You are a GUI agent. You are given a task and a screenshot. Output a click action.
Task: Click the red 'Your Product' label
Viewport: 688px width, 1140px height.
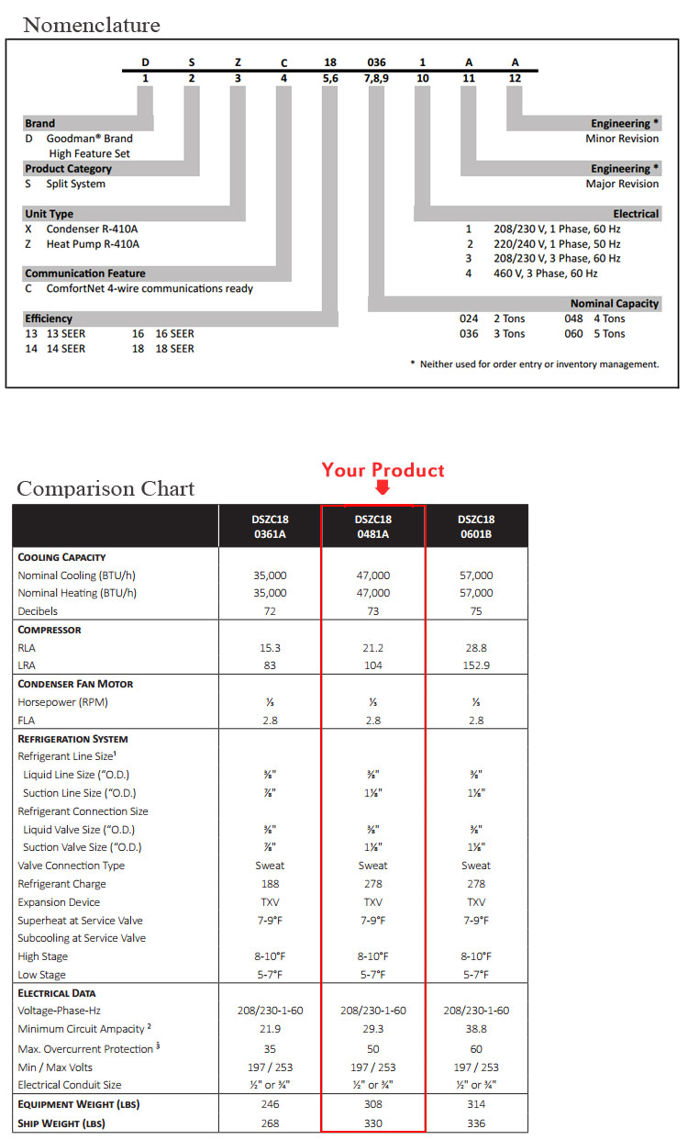point(383,470)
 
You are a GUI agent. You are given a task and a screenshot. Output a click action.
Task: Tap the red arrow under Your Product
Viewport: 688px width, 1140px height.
point(383,489)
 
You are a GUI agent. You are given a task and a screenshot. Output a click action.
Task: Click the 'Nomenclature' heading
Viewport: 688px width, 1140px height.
point(92,25)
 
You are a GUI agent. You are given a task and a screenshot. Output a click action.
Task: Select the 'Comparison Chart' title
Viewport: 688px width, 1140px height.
point(105,488)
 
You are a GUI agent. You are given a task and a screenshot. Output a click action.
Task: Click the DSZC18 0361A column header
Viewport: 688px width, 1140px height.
point(270,526)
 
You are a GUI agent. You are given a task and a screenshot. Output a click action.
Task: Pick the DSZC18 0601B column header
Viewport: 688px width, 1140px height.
point(476,526)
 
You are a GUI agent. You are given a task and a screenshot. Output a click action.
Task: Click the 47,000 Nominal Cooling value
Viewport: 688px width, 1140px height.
point(372,576)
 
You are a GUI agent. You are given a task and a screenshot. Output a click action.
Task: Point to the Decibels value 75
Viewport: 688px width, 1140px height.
point(476,611)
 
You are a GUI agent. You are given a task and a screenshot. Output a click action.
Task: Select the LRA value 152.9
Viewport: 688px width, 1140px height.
point(476,665)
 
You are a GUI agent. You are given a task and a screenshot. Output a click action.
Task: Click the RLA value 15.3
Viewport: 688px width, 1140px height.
point(270,648)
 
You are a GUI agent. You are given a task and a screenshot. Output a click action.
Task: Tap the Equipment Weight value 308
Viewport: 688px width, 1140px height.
point(372,1104)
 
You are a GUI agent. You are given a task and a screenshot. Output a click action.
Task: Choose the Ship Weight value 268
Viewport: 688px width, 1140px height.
point(270,1123)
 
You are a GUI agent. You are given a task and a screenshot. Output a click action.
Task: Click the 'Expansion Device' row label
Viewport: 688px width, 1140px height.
point(61,902)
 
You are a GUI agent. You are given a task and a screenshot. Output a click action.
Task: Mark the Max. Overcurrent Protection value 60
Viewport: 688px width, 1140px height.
point(476,1049)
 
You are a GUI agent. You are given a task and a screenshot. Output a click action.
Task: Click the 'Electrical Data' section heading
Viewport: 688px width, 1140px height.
point(57,993)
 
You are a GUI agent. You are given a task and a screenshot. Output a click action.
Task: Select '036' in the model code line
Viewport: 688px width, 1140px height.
point(376,62)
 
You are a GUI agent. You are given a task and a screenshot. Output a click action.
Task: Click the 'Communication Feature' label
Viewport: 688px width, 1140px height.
point(85,274)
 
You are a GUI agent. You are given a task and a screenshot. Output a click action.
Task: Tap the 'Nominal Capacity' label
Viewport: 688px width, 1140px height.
point(615,304)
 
